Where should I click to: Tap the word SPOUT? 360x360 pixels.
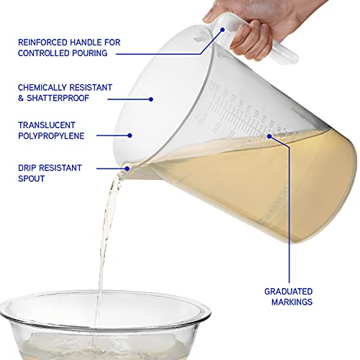(34, 179)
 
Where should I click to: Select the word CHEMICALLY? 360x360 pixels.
(48, 86)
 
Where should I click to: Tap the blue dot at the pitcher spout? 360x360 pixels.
(127, 168)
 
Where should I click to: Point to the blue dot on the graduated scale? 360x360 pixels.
(268, 135)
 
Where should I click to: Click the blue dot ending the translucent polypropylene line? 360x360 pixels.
(130, 134)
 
